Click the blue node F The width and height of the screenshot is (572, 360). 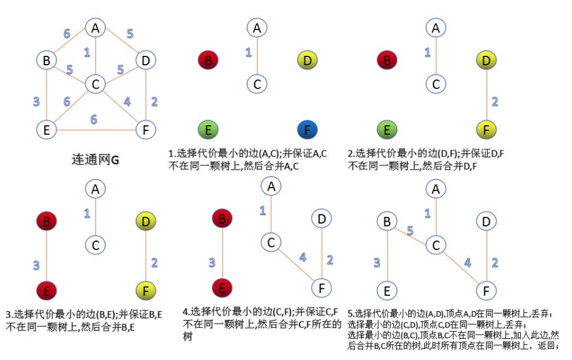pyautogui.click(x=307, y=130)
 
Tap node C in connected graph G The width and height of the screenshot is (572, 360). pyautogui.click(x=95, y=84)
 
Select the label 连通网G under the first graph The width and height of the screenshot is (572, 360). pyautogui.click(x=95, y=159)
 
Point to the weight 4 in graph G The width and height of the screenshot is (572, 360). pyautogui.click(x=127, y=101)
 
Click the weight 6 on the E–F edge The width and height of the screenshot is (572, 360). pyautogui.click(x=94, y=119)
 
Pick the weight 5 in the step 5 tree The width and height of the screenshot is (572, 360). pyautogui.click(x=410, y=231)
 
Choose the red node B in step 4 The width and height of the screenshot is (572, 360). pyautogui.click(x=222, y=219)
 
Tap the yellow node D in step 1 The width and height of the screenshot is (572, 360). pyautogui.click(x=307, y=60)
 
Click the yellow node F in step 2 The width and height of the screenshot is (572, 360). pyautogui.click(x=486, y=130)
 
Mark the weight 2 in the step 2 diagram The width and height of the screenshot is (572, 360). pyautogui.click(x=495, y=101)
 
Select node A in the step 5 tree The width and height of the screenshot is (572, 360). pyautogui.click(x=436, y=189)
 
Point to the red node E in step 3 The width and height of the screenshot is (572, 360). pyautogui.click(x=46, y=291)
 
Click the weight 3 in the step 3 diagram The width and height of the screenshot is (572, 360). pyautogui.click(x=36, y=265)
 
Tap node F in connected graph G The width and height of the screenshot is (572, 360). pyautogui.click(x=145, y=130)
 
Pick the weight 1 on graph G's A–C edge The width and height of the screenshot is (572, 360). pyautogui.click(x=87, y=52)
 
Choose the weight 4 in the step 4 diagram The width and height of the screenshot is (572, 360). pyautogui.click(x=303, y=258)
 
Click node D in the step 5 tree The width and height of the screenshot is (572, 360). pyautogui.click(x=486, y=221)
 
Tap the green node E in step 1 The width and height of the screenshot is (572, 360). pyautogui.click(x=208, y=130)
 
